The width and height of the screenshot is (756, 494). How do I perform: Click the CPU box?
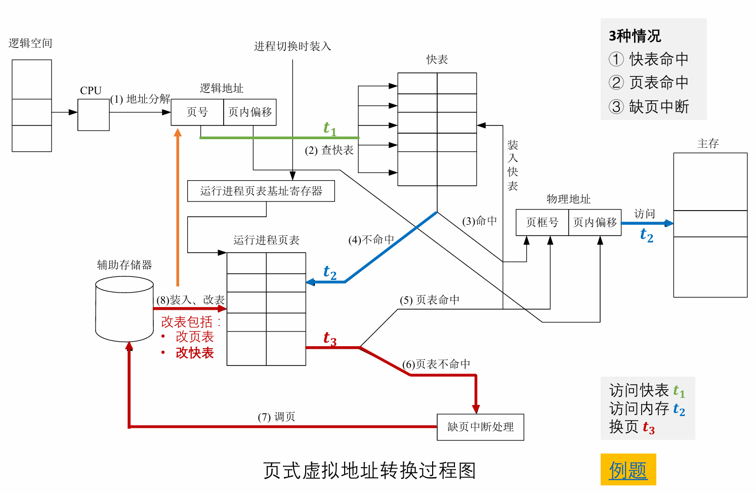click(93, 115)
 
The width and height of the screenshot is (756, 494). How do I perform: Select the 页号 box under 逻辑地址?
click(197, 112)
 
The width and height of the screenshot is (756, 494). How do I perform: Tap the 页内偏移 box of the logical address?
click(250, 112)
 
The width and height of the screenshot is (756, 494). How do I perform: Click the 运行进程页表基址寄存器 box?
click(261, 191)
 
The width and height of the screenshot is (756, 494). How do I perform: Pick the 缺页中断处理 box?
click(480, 427)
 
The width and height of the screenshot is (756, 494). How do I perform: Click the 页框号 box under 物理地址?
click(542, 222)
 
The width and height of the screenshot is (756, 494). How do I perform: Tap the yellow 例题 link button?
click(628, 470)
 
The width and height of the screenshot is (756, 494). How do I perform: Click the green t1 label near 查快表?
click(329, 129)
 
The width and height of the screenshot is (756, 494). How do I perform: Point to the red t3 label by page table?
click(329, 339)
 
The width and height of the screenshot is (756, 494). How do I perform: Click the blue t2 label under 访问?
click(646, 235)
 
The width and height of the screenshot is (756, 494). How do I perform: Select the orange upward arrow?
click(178, 208)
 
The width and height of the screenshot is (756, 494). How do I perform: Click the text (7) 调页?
click(276, 417)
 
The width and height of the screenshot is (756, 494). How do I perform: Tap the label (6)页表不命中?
click(436, 364)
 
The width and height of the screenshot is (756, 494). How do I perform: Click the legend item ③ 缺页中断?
click(649, 107)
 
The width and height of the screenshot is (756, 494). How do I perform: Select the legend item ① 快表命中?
click(649, 59)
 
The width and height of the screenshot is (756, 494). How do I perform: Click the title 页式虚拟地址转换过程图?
click(369, 471)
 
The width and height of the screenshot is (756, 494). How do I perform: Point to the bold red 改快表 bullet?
click(194, 353)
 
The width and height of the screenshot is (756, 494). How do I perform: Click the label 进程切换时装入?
click(292, 47)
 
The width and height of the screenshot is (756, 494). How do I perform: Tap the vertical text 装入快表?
click(513, 166)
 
